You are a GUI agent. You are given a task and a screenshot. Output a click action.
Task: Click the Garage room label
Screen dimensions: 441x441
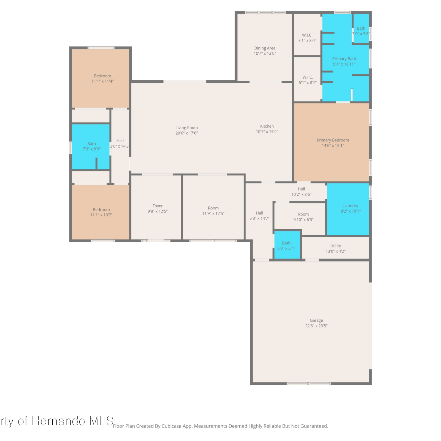pos(316,320)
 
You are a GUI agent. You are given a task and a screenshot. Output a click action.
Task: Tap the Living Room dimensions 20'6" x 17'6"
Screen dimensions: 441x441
pos(187,133)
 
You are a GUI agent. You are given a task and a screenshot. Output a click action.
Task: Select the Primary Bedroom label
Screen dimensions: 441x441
pos(333,140)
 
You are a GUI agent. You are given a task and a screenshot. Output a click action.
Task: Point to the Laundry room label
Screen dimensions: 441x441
pos(351,206)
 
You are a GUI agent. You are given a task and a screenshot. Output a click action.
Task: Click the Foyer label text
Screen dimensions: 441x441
pos(158,206)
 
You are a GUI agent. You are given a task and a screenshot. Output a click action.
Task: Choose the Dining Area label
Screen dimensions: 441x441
pos(265,48)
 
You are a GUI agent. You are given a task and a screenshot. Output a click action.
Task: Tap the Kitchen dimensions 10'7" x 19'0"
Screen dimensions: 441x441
pos(267,132)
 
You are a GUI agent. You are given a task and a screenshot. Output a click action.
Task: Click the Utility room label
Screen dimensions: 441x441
pos(336,246)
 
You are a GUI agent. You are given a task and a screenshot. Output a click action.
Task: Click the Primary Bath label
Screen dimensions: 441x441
pos(344,59)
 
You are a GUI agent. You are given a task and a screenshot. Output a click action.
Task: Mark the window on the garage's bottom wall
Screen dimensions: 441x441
pos(309,384)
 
